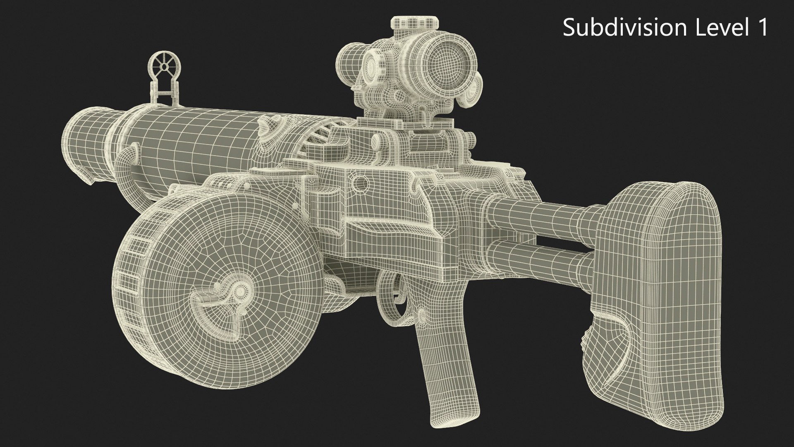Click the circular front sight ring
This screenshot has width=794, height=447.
(x=164, y=66)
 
